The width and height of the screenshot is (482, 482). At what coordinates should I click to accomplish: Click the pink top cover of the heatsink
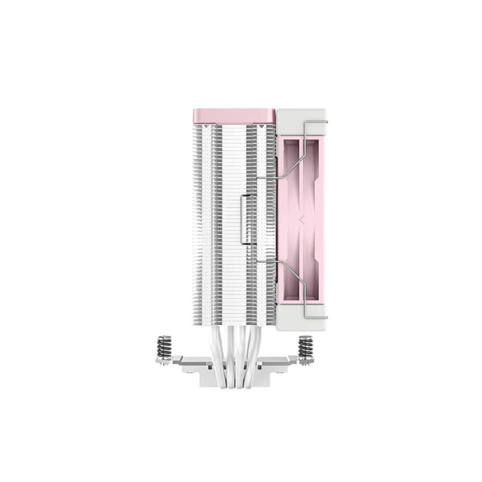(x=230, y=116)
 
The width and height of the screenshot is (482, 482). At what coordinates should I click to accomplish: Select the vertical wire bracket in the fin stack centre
(x=243, y=219)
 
